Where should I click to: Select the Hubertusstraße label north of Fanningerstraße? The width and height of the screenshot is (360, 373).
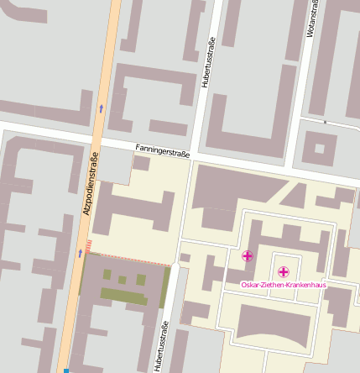[208, 62]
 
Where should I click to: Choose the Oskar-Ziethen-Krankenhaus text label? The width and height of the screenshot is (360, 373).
[284, 286]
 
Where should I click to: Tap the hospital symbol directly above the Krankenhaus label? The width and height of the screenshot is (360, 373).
[284, 271]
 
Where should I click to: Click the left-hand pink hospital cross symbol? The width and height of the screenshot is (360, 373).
[247, 255]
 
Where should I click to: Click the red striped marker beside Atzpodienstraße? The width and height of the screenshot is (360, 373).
[88, 245]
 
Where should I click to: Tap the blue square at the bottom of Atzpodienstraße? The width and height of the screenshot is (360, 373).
[65, 370]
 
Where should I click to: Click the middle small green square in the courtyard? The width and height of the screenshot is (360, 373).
[123, 279]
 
